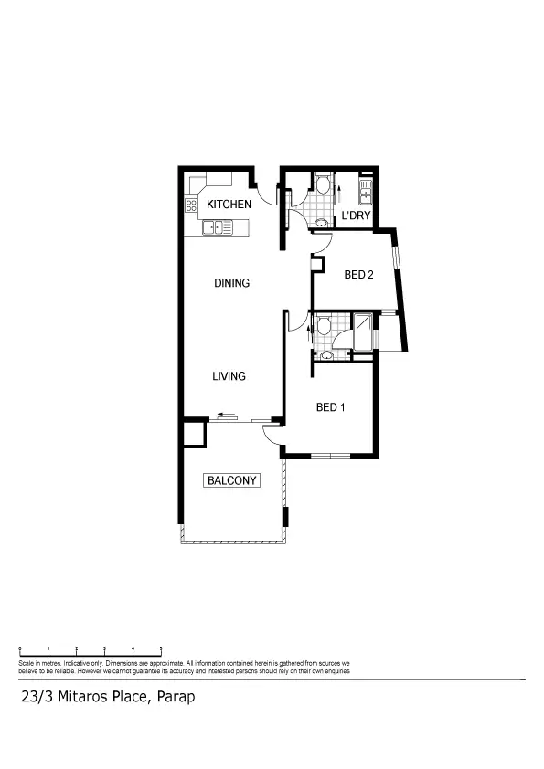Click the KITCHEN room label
point(228,205)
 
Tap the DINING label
point(231,283)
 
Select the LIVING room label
point(229,376)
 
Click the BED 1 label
point(330,408)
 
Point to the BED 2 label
point(358,275)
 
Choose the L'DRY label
point(355,216)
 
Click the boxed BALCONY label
point(232,480)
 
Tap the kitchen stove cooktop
point(193,206)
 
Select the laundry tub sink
point(366,191)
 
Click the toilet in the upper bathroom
point(323,185)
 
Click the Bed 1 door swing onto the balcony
point(271,433)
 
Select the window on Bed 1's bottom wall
point(330,455)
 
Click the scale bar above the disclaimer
point(91,649)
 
